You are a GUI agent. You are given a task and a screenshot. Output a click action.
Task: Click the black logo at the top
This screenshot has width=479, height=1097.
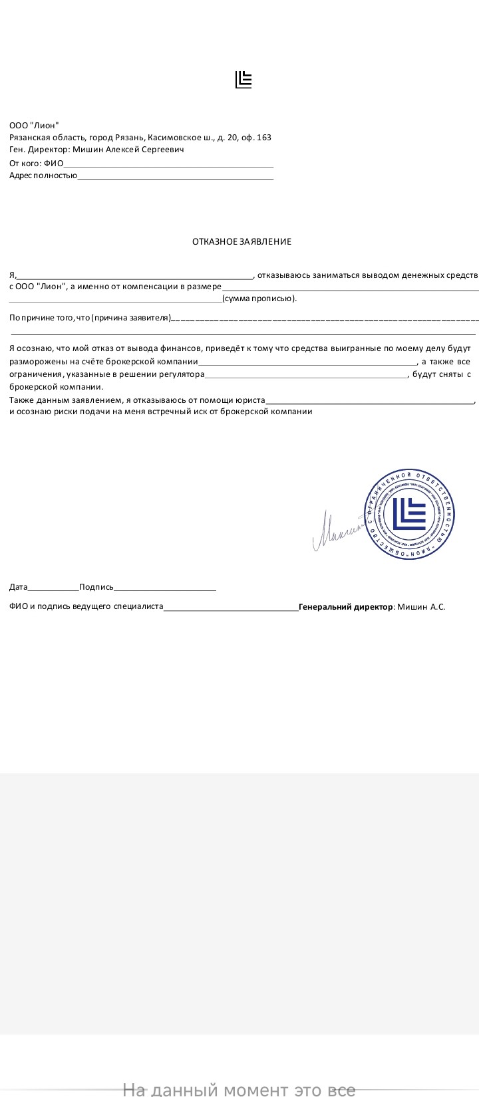243,80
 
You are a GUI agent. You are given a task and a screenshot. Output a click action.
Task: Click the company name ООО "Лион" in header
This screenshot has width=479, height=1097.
34,125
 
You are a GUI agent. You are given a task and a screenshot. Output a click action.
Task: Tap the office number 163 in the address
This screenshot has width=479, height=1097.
263,138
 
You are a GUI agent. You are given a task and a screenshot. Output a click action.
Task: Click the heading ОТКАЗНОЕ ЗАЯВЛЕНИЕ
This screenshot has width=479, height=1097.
241,241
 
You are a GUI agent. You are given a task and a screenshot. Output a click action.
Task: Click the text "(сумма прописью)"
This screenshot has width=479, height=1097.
259,299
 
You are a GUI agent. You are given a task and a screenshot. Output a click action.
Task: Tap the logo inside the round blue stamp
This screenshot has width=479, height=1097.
409,514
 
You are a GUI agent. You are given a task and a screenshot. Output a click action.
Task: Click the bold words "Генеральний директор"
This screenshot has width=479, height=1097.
346,606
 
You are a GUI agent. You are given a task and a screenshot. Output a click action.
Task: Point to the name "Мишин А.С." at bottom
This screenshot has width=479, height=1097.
421,606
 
